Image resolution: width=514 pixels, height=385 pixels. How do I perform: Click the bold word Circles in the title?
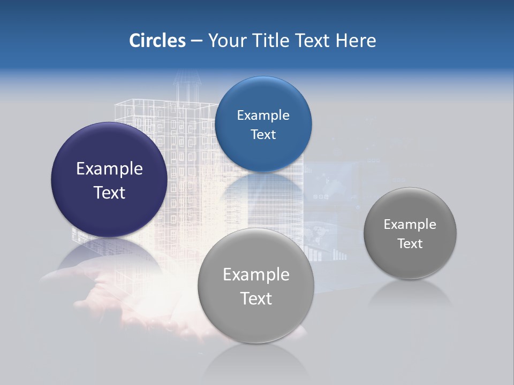157,40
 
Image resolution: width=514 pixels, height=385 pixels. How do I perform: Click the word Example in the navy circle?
109,169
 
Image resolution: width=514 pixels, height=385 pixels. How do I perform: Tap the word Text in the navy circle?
109,192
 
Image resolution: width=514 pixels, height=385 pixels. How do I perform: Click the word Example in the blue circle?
263,115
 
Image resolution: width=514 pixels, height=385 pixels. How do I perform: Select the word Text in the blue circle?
263,134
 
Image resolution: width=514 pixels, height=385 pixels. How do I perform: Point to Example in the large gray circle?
256,274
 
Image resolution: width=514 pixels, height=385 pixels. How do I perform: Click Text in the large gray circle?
256,298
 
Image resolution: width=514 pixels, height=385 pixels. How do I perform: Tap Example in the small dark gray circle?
410,224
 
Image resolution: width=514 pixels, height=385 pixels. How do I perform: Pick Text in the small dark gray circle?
410,243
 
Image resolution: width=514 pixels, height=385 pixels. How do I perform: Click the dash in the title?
196,41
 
